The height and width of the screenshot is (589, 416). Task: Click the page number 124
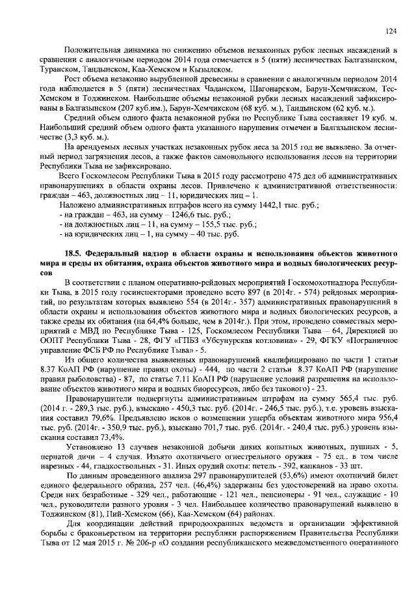(x=391, y=31)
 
